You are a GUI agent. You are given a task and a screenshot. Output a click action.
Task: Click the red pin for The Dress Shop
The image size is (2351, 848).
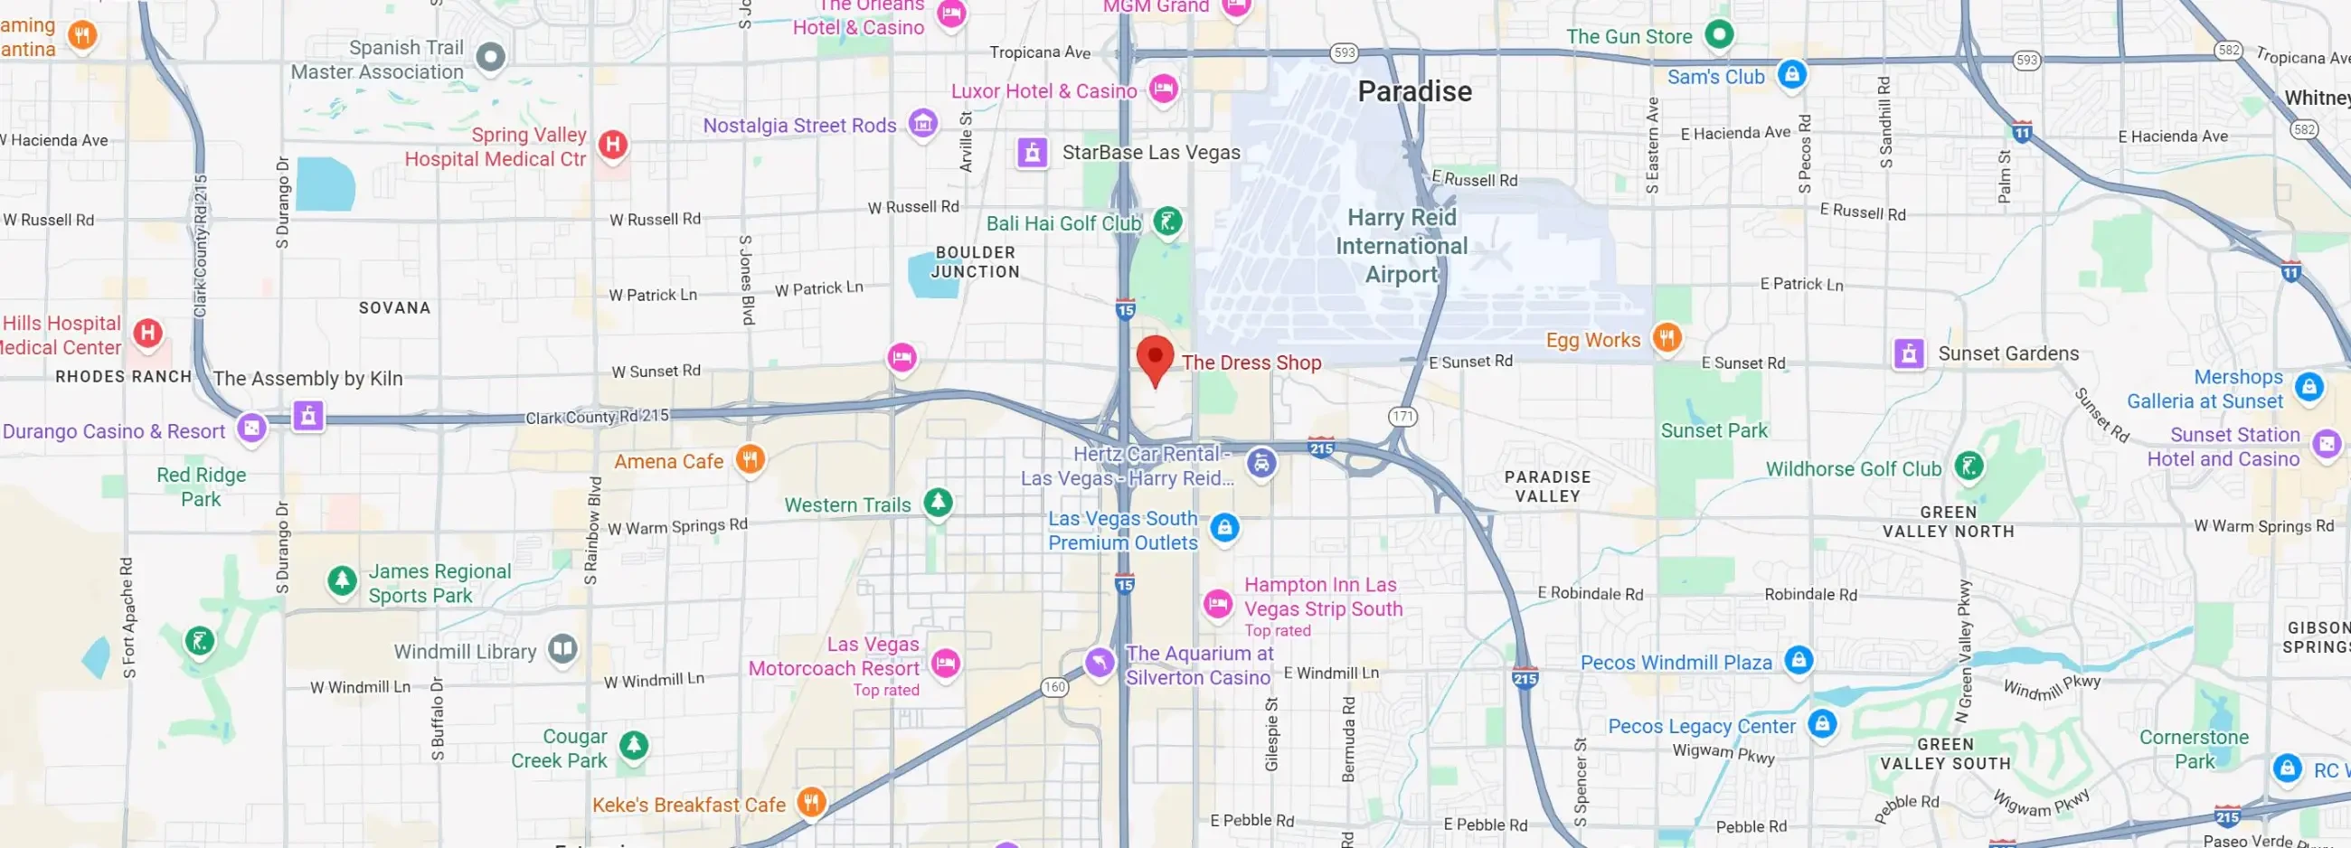click(x=1155, y=357)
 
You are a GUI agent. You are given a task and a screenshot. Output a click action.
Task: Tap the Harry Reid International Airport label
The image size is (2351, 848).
click(x=1401, y=246)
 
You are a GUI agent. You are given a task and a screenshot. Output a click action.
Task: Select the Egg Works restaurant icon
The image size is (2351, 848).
click(x=1666, y=339)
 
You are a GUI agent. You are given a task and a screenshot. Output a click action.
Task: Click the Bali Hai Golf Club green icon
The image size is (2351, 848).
click(x=1167, y=221)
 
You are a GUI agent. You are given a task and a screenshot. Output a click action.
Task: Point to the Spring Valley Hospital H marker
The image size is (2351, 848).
click(x=612, y=145)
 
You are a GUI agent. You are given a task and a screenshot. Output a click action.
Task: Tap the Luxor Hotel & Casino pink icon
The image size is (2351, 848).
click(x=1163, y=90)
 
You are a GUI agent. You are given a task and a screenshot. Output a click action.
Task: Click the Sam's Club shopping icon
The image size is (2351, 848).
click(x=1790, y=75)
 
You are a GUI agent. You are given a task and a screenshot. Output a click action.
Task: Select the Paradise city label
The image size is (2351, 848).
click(x=1413, y=91)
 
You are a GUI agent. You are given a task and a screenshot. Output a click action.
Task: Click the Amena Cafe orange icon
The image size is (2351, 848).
click(x=750, y=459)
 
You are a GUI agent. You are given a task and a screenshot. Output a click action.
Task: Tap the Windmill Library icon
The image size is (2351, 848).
click(x=562, y=649)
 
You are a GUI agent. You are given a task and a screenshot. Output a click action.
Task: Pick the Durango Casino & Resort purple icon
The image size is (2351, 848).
click(x=252, y=429)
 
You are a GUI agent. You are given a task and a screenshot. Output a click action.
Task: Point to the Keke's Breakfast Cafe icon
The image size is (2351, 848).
click(x=810, y=803)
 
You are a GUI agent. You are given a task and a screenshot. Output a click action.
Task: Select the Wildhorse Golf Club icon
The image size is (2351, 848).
click(x=1969, y=466)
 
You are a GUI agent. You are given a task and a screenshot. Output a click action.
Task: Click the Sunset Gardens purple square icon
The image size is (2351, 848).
click(x=1908, y=353)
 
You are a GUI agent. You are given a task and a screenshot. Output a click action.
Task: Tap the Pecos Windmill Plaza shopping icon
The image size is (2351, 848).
click(x=1798, y=660)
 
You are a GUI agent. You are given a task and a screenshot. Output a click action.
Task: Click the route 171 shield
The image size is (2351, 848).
click(x=1402, y=417)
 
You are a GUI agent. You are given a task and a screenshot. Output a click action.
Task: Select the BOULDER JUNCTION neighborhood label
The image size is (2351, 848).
click(x=975, y=262)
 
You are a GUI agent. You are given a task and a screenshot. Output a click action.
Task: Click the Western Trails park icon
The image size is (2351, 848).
click(x=938, y=502)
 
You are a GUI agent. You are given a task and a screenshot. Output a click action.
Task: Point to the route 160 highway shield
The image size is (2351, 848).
click(x=1054, y=686)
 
